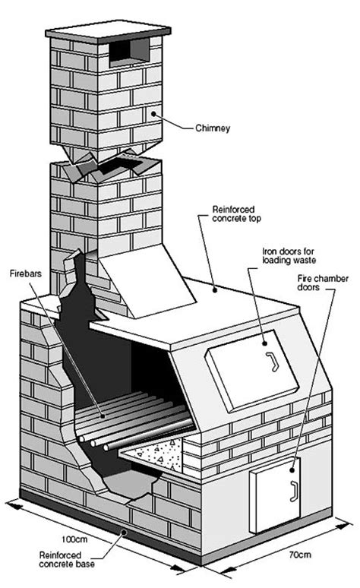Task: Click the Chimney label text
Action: (212, 128)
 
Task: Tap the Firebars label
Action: (26, 273)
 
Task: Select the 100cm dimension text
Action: (74, 539)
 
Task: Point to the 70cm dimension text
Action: (300, 555)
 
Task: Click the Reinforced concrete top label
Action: (236, 213)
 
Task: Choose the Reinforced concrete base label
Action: (67, 559)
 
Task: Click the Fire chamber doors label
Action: (323, 283)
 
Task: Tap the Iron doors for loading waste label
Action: (289, 256)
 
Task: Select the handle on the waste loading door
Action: (272, 362)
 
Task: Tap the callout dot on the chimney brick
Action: (153, 113)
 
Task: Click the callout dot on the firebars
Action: (103, 416)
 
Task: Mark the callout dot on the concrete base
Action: (125, 531)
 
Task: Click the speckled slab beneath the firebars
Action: (153, 454)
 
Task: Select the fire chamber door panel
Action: (276, 495)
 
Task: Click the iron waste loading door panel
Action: (252, 369)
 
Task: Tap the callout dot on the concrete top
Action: (215, 289)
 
